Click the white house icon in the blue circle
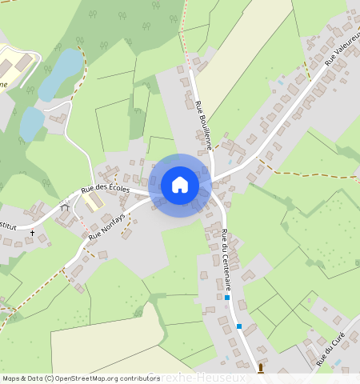tap(180, 185)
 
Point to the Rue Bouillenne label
tap(202, 126)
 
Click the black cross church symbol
tap(33, 233)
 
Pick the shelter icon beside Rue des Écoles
tap(65, 207)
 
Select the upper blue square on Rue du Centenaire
tap(227, 298)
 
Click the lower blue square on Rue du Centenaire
tap(238, 326)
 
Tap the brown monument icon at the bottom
tap(260, 368)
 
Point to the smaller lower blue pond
tap(32, 123)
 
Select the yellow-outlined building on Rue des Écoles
tap(94, 201)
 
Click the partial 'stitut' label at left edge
tap(10, 227)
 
